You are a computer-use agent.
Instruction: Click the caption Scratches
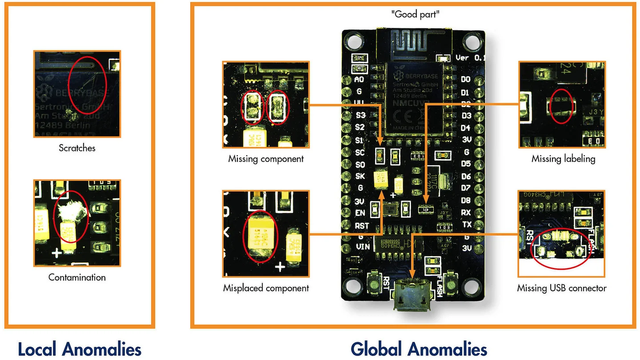[77, 148]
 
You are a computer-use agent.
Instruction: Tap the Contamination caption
[77, 277]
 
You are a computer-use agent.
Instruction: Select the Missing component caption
[266, 159]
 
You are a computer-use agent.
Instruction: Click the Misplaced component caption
[266, 288]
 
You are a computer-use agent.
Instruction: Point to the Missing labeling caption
[563, 159]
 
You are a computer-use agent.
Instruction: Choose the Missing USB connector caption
[562, 288]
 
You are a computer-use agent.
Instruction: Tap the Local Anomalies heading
[80, 349]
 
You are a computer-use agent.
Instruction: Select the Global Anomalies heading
[419, 349]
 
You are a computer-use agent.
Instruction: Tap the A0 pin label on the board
[359, 80]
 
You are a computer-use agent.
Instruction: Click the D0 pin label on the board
[465, 80]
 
